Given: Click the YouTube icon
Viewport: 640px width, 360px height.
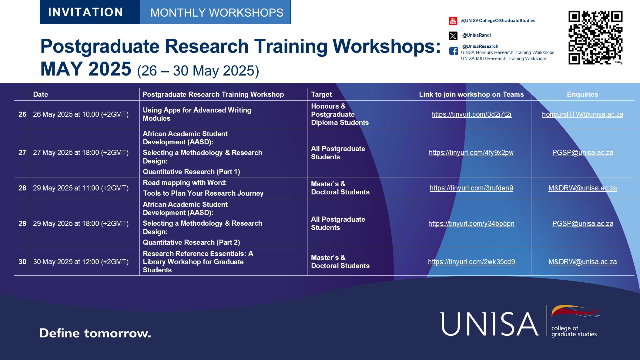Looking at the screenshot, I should (x=453, y=21).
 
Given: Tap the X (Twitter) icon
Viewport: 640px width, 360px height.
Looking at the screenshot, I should (x=453, y=36).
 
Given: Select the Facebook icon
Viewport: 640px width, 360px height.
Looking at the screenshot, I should (x=454, y=51).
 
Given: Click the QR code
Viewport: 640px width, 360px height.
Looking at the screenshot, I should (x=595, y=38).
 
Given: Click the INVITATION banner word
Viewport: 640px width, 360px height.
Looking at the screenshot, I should (x=86, y=12).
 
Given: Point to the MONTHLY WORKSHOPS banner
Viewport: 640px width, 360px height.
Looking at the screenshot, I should (x=216, y=12).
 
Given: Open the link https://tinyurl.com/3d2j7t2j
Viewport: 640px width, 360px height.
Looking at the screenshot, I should (x=471, y=114).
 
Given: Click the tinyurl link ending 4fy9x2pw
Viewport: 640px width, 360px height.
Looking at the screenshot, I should (x=471, y=153).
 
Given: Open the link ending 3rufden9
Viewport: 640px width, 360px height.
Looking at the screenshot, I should (x=471, y=188).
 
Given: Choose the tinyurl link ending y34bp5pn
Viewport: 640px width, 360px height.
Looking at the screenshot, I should (x=471, y=224).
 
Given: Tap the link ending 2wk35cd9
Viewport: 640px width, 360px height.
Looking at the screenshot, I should (x=471, y=262).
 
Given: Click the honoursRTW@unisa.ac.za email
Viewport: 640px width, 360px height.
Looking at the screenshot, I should (x=582, y=114).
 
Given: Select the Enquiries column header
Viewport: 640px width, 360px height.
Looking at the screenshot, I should (x=582, y=94).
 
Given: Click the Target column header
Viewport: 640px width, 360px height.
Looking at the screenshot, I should (x=321, y=94).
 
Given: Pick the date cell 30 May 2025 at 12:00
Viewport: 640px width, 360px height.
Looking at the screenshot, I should (x=81, y=262).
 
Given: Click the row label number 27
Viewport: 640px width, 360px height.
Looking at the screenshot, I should (x=22, y=153).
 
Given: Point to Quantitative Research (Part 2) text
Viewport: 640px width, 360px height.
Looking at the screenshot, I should (x=191, y=242).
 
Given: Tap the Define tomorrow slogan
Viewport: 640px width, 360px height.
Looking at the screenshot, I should (x=95, y=333).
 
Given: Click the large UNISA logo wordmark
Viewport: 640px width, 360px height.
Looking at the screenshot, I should (x=490, y=324).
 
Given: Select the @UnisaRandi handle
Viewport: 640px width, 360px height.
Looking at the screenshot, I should (x=476, y=35).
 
